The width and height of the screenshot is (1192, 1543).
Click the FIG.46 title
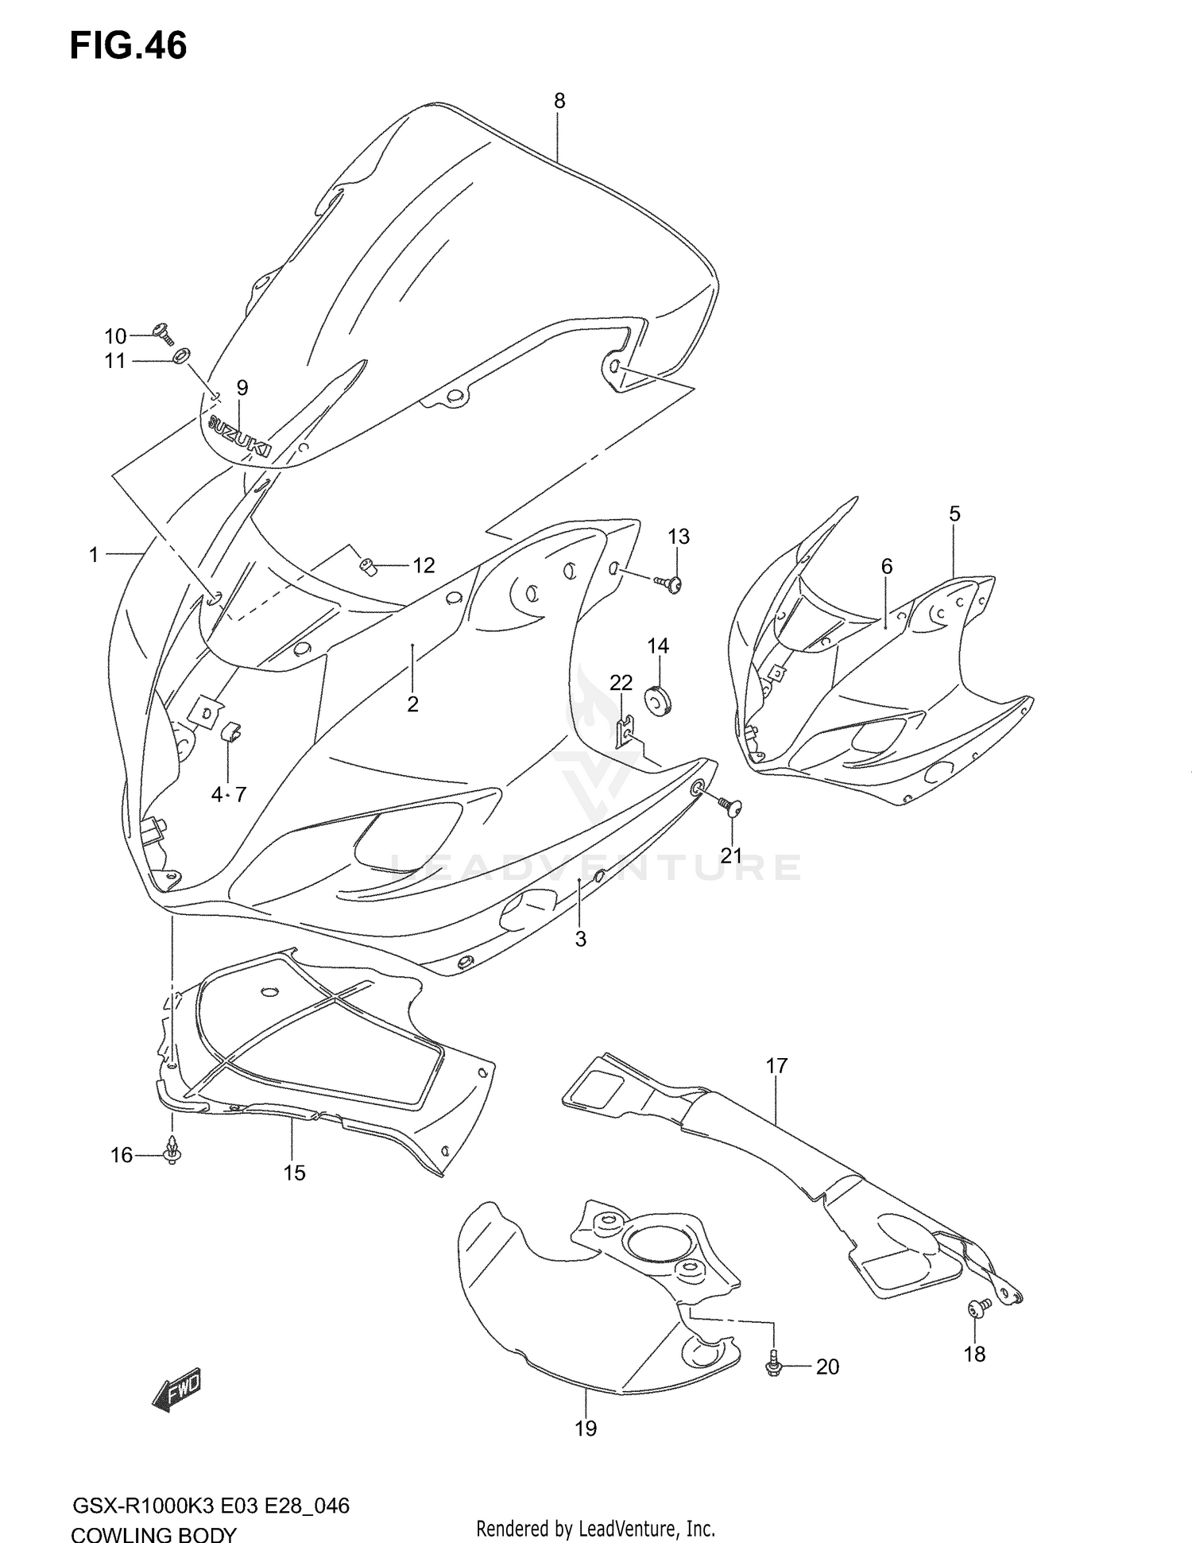click(x=129, y=45)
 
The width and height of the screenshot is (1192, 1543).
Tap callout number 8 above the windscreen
click(x=559, y=101)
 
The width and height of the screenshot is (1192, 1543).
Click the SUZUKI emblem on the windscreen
click(x=239, y=437)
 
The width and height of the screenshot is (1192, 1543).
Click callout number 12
click(x=424, y=565)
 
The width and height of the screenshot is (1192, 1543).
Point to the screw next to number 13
click(x=670, y=584)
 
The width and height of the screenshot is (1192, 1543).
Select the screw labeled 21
click(x=730, y=807)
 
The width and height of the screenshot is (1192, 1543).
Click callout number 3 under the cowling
click(x=581, y=939)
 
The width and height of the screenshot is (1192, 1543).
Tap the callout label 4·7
click(x=229, y=793)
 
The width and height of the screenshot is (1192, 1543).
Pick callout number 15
click(x=294, y=1173)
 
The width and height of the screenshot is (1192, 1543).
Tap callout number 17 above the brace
click(x=776, y=1065)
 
